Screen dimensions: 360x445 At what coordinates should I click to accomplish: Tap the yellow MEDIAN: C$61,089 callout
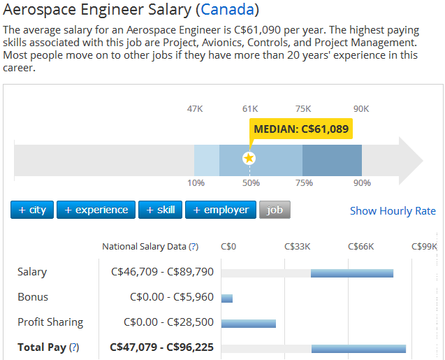point(301,129)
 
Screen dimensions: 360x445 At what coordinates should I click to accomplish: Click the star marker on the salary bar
point(249,159)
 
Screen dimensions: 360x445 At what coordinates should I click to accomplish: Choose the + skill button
point(161,210)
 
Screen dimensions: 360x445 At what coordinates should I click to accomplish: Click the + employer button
point(220,210)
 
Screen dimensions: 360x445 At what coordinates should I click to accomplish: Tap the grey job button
point(275,210)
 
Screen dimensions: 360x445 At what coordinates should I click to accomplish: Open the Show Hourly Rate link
point(393,210)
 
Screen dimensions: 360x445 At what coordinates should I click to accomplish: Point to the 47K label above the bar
point(195,108)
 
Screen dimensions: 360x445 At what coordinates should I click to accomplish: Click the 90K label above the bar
point(361,108)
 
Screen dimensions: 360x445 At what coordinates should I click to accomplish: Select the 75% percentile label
point(304,183)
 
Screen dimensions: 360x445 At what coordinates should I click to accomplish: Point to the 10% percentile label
point(196,183)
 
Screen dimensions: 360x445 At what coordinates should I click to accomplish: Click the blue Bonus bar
point(227,298)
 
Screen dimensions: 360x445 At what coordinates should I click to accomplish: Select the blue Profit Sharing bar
point(249,323)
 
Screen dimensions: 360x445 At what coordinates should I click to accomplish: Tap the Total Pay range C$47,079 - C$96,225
point(161,347)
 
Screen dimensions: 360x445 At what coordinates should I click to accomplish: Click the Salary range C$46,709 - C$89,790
point(161,272)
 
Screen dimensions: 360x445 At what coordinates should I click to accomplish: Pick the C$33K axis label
point(297,247)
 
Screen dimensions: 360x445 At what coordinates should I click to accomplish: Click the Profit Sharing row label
point(50,322)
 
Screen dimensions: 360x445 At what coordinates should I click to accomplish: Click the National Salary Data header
point(150,247)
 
